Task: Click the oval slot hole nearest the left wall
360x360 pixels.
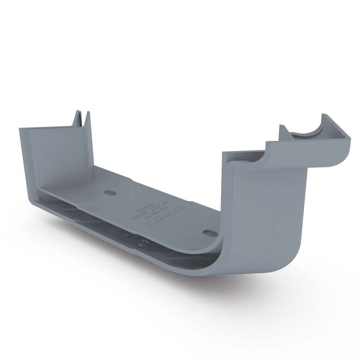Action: point(109,193)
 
